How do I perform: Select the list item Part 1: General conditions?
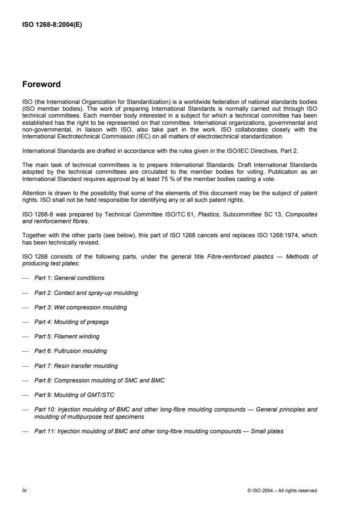coord(69,278)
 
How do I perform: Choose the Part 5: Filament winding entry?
coord(67,337)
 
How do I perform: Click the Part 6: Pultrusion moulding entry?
coord(71,351)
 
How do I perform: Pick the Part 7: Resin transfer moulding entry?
coord(76,366)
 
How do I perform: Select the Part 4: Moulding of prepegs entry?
coord(71,322)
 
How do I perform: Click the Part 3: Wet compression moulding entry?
coord(80,307)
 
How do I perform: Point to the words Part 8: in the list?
coord(44,380)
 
